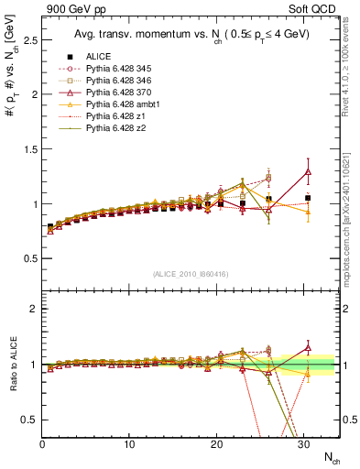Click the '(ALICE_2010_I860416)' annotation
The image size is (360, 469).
click(190, 273)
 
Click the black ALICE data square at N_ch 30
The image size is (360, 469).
click(308, 198)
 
